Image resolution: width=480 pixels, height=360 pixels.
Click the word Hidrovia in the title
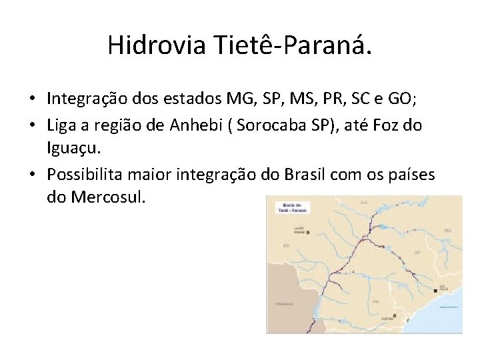[157, 45]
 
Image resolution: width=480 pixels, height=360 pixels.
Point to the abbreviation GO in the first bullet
[402, 99]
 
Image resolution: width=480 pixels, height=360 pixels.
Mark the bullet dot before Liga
[32, 125]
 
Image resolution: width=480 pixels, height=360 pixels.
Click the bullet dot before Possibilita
[32, 174]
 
